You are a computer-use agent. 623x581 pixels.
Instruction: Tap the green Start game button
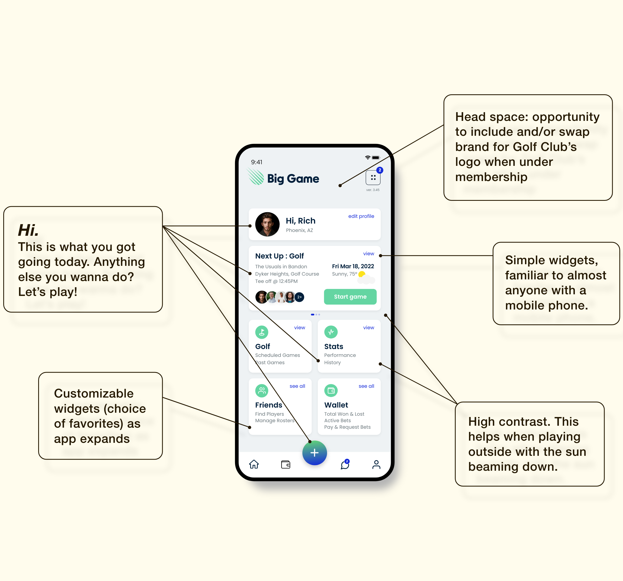(x=350, y=296)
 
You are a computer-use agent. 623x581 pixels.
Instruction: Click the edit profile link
(x=361, y=216)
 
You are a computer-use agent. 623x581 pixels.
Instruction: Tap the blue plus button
(x=314, y=453)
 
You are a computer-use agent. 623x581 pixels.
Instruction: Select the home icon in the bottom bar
(x=254, y=464)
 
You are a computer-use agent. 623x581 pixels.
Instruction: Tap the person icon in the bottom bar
(x=376, y=464)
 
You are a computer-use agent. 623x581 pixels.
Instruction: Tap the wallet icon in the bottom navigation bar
(x=285, y=464)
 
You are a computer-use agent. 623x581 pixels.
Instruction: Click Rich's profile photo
(x=267, y=224)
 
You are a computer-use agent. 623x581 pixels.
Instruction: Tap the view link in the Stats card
(x=368, y=328)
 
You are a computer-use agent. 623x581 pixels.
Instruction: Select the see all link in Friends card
(x=297, y=386)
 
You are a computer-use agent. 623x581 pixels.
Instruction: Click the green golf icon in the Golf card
(x=262, y=332)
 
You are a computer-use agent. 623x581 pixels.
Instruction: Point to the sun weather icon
(x=362, y=274)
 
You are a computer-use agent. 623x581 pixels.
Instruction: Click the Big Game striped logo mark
(x=256, y=177)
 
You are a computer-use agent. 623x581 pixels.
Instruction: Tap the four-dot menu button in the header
(x=373, y=177)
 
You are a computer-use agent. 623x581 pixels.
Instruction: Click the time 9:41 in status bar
(x=256, y=162)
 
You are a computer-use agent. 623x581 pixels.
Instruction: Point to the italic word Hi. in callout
(x=28, y=230)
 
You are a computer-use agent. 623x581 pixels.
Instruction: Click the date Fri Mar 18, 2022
(x=353, y=266)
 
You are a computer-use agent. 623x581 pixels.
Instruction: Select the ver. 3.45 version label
(x=373, y=190)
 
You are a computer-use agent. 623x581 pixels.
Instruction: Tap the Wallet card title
(x=336, y=405)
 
